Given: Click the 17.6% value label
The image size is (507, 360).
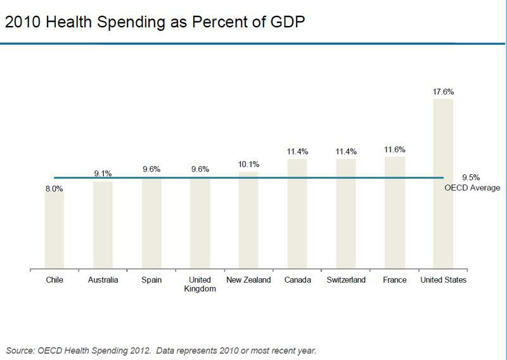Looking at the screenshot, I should coord(443,92).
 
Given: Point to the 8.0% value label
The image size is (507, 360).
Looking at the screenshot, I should coord(54,189).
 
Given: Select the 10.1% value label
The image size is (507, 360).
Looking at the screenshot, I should coord(248,165).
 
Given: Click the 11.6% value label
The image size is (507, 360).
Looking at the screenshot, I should coord(394,150).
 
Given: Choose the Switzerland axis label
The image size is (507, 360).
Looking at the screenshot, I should coord(345,280).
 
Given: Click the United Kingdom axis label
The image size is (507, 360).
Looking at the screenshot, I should coord(200,284).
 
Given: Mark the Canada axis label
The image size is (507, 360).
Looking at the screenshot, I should coord(297,280).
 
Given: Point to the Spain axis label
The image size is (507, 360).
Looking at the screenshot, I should coord(151,280).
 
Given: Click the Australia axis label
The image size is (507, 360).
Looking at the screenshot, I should coord(103,280).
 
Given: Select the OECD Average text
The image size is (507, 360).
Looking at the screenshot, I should coord(472,188).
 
